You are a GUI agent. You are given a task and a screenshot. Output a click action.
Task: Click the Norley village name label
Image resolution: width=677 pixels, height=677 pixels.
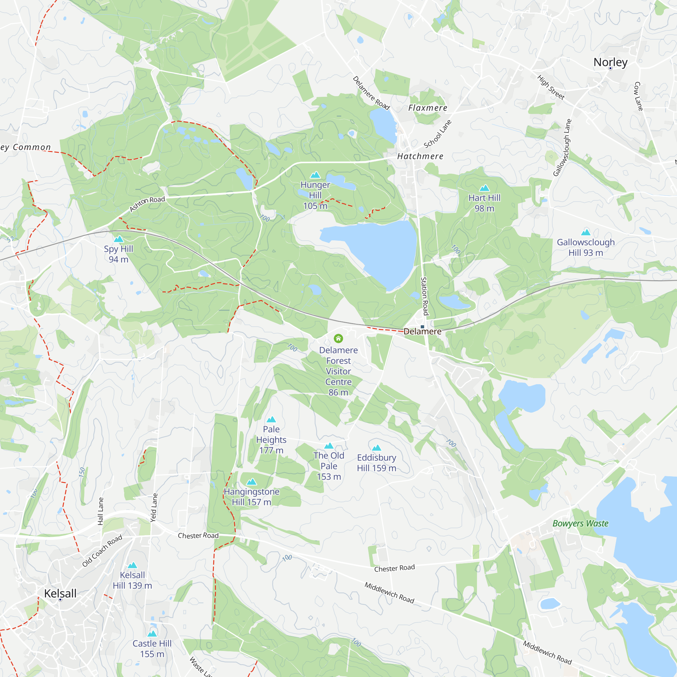pos(610,62)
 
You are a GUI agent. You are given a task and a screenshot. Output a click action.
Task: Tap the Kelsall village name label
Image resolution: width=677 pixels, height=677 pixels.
pos(60,593)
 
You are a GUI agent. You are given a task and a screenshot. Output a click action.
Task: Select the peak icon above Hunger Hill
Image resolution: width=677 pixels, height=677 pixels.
pos(315,175)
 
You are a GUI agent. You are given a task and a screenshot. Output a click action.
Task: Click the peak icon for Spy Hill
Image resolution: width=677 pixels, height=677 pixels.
pos(118,239)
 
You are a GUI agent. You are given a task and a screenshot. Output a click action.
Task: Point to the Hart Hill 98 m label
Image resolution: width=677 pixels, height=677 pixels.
pos(484,203)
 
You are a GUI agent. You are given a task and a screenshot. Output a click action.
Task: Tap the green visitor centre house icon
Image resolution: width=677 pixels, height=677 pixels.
pos(338,338)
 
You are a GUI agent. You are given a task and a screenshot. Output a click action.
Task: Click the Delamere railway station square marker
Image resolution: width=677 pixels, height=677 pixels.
pos(422,327)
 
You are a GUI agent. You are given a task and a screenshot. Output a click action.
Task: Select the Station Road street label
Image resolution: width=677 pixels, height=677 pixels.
pos(424,296)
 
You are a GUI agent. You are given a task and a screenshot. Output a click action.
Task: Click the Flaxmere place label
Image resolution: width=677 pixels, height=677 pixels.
pos(428,108)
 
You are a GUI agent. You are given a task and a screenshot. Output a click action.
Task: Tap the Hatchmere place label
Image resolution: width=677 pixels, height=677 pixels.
pos(420,156)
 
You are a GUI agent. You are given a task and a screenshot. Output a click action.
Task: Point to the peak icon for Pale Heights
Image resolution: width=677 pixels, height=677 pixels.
pos(271,419)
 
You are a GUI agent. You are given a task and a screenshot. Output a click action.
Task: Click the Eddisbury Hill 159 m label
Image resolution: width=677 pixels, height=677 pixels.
pos(376,462)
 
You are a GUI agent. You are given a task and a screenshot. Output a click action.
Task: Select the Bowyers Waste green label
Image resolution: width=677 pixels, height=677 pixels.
pos(580,524)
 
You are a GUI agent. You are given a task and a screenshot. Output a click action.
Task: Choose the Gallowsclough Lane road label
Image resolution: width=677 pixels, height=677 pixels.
pos(562,148)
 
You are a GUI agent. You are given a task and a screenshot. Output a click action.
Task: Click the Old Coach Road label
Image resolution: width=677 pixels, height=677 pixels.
pos(102,550)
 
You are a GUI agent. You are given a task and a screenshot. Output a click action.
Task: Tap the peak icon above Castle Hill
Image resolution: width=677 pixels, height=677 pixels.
pos(152,634)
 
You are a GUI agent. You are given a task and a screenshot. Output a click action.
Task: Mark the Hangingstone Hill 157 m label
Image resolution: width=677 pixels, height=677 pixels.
pos(252,497)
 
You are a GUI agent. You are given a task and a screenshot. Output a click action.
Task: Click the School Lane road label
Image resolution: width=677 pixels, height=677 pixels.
pos(438,134)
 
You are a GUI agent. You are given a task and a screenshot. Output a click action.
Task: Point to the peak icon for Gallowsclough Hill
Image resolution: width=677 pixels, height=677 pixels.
pos(586,232)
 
